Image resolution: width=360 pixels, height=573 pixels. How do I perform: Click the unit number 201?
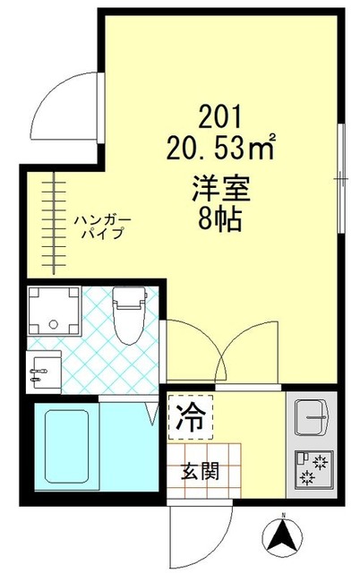pos(219,115)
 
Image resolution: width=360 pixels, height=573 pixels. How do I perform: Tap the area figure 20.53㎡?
pos(219,147)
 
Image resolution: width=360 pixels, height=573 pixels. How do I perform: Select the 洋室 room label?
pos(219,190)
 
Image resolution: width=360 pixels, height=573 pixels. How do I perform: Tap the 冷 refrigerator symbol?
pos(190,415)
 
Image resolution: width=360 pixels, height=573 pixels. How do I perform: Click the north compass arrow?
pos(282,537)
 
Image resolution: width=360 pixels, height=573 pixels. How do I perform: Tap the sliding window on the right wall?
pos(341,178)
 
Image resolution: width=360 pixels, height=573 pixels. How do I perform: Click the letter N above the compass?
pos(282,516)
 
